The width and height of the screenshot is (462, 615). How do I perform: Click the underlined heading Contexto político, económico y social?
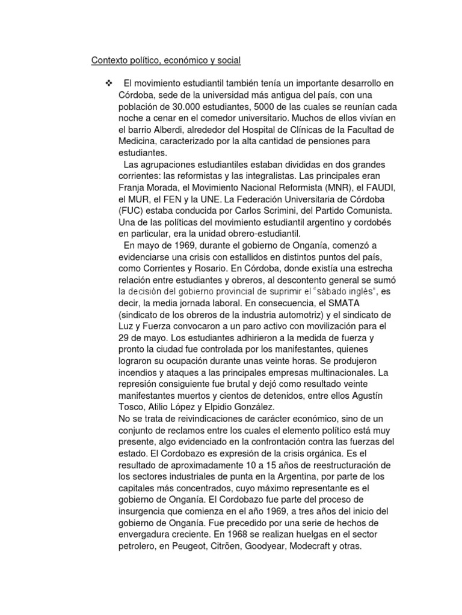click(x=166, y=60)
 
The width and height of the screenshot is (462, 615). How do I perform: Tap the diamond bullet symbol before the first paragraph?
click(x=109, y=82)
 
